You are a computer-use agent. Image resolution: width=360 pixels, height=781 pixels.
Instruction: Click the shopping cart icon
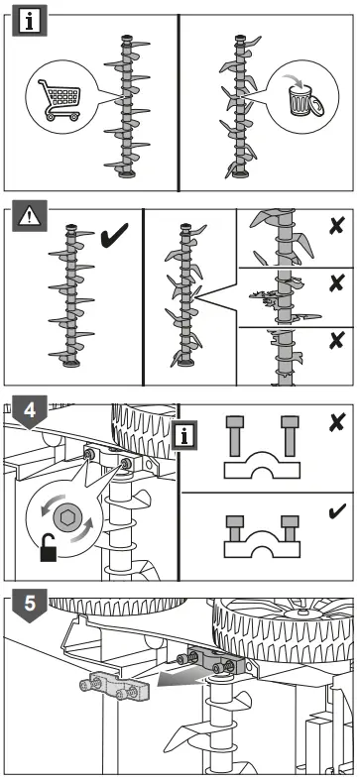coord(60,100)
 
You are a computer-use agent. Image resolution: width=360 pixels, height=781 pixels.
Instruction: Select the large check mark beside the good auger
coord(114,236)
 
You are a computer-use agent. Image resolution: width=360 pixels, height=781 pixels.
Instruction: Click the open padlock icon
coord(49,547)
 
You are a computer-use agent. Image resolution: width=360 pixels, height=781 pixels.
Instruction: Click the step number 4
coord(30,412)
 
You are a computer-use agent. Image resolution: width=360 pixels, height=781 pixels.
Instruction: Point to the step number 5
coord(30,605)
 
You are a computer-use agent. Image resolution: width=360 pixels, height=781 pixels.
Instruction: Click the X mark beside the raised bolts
coord(337,423)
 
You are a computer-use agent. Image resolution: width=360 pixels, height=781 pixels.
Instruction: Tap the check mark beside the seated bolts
coord(338,511)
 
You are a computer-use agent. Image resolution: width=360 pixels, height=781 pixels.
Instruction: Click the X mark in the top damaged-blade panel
coord(337,227)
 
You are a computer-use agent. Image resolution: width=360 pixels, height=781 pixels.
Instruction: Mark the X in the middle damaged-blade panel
coord(337,282)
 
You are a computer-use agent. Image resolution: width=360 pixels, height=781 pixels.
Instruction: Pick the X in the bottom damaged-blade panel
coord(337,340)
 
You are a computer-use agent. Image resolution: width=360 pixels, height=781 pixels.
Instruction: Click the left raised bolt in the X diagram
coord(234,436)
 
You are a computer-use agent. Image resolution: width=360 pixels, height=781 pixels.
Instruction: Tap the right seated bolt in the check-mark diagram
coord(290,528)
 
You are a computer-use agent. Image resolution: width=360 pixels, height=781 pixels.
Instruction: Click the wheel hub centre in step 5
coord(302,613)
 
